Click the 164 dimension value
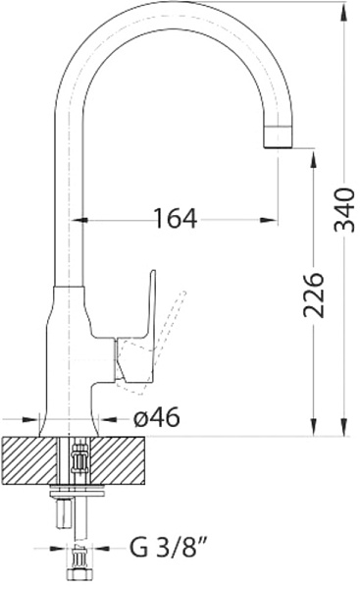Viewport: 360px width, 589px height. [176, 218]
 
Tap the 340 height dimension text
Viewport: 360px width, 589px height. [344, 210]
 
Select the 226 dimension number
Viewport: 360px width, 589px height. [313, 295]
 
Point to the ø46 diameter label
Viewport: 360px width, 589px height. [157, 417]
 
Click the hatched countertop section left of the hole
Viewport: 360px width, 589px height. [30, 460]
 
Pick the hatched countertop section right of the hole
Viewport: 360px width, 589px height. [117, 460]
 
